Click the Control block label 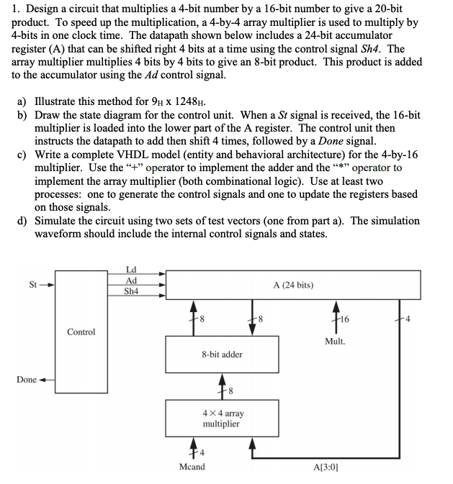(81, 332)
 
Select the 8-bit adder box (222, 354)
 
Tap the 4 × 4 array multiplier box (222, 419)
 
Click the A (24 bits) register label (293, 285)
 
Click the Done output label (27, 379)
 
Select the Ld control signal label (131, 269)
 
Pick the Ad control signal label (131, 280)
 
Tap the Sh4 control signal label (131, 292)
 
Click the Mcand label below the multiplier (191, 467)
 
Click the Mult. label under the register (335, 341)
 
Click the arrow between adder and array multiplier (222, 387)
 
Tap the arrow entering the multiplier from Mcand (191, 449)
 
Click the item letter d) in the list (22, 221)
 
